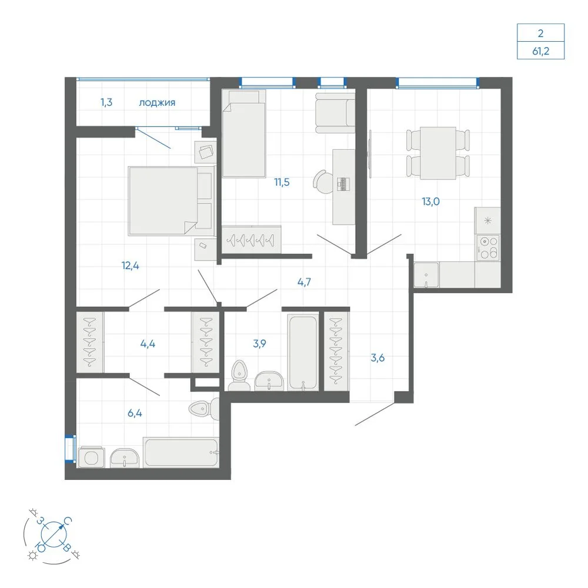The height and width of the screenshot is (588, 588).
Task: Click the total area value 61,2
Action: point(540,51)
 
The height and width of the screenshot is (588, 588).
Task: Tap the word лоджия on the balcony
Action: point(157,102)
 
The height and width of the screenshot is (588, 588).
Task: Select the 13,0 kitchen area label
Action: point(430,201)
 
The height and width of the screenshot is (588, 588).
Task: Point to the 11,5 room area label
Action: point(282,182)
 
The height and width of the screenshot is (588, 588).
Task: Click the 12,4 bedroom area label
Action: point(130,266)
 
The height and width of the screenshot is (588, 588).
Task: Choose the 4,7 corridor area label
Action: point(304,282)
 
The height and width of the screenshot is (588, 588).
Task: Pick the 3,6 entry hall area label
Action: point(377,358)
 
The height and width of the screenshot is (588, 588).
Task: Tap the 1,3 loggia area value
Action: point(106,102)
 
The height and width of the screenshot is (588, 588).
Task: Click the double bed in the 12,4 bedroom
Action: point(171,201)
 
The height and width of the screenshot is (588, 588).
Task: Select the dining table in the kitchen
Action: point(438,153)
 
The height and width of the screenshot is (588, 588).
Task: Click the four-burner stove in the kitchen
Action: point(487,247)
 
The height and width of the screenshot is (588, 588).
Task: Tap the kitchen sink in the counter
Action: point(426,275)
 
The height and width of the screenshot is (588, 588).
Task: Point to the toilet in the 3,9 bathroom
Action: point(239,375)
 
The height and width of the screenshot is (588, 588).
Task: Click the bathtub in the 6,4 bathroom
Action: point(181,453)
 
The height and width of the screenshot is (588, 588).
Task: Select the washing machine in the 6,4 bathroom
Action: point(91,457)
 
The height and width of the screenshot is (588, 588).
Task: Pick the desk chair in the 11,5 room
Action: point(322,182)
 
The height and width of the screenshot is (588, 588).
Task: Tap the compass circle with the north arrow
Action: point(54,534)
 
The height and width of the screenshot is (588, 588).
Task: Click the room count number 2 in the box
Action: point(540,34)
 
